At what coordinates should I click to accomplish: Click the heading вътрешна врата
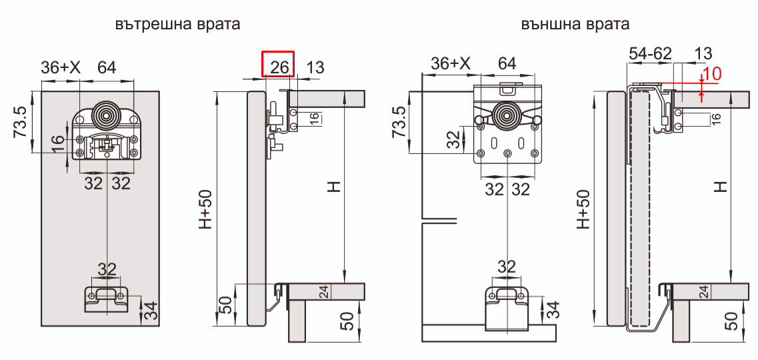[x=177, y=25]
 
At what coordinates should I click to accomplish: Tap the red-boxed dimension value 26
[x=278, y=66]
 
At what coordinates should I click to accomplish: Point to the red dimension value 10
[x=713, y=74]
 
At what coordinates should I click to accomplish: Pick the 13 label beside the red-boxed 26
[x=315, y=67]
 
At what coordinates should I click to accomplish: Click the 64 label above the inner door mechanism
[x=107, y=67]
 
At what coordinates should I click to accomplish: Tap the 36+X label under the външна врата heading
[x=451, y=64]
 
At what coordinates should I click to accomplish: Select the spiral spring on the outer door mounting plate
[x=508, y=117]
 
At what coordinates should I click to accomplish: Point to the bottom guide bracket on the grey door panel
[x=107, y=297]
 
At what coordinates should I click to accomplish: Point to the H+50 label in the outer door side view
[x=583, y=209]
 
